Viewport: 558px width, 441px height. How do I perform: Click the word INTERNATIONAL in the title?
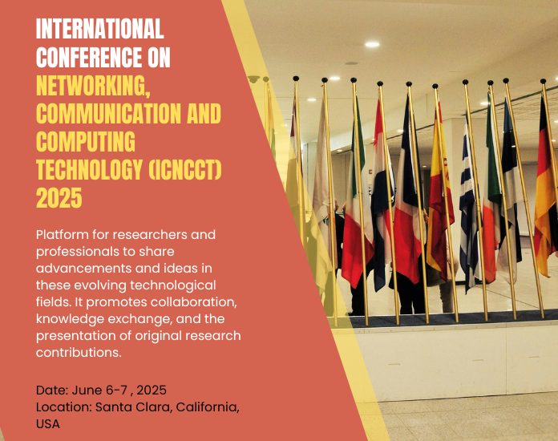pos(100,30)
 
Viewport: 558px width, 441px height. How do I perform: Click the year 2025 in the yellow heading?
pos(59,197)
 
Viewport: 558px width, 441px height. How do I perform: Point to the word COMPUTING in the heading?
pos(86,141)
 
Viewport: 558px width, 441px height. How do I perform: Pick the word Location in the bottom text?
pos(63,407)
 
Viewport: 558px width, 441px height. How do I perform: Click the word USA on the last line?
pos(48,424)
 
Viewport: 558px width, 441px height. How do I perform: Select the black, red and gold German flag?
pos(546,192)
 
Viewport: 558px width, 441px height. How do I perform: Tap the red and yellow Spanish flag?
pos(440,192)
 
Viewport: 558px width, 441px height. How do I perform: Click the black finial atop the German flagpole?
pos(543,81)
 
